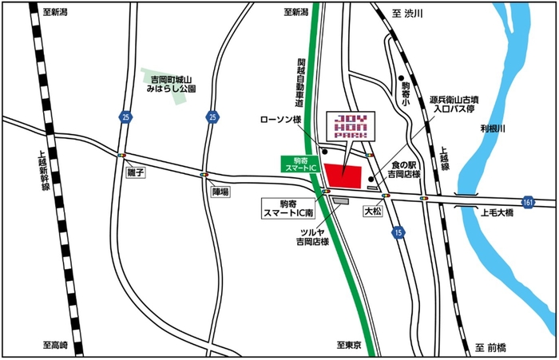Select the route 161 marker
coord(528,202)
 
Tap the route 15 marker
coord(398,231)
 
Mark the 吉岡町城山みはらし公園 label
coord(172,85)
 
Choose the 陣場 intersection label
coord(220,192)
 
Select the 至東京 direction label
coord(349,346)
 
